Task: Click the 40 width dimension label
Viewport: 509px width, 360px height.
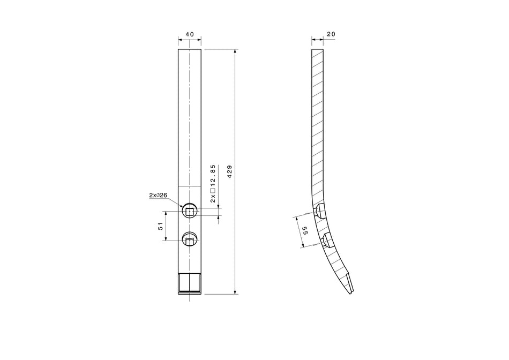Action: tap(190, 34)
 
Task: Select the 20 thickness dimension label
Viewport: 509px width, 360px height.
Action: tap(331, 34)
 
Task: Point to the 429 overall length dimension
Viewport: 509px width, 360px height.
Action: tap(230, 172)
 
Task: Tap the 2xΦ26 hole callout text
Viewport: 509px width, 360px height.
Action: tap(158, 196)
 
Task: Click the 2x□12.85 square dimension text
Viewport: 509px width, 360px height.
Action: tap(213, 183)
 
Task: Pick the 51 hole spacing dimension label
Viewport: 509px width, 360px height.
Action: tap(160, 227)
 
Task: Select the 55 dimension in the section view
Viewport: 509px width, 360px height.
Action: tap(305, 231)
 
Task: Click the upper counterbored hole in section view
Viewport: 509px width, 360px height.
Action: tap(319, 212)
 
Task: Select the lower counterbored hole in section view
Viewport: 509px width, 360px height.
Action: tap(327, 239)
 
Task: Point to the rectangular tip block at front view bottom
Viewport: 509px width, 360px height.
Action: tap(190, 282)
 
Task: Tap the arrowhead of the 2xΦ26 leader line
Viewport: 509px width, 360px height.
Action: tap(183, 206)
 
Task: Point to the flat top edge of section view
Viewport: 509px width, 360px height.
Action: tap(318, 49)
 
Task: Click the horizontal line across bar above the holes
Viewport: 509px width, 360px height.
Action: tap(190, 186)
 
